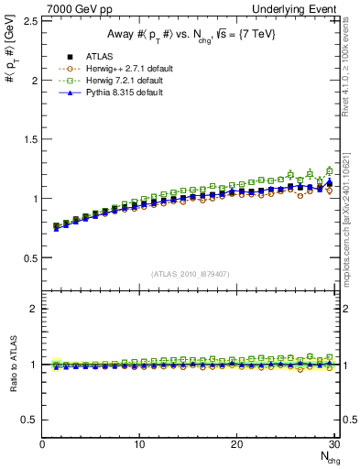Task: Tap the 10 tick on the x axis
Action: pos(139,444)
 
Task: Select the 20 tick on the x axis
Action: pos(236,444)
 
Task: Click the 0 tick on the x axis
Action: pos(42,444)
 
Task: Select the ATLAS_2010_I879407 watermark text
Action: pos(191,274)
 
